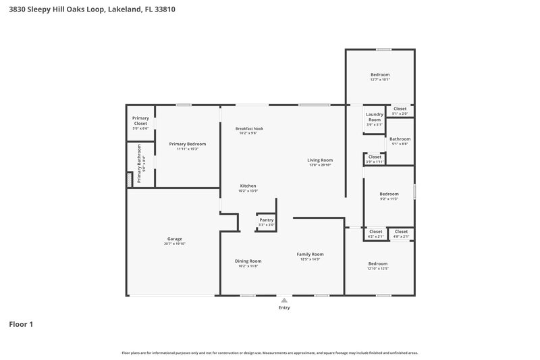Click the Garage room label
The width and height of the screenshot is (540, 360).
point(175,238)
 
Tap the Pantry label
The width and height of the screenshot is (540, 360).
point(266,220)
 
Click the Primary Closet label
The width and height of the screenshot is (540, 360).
point(140,121)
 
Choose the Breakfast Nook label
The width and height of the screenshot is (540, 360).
point(249,128)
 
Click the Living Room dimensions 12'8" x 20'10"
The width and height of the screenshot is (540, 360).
point(321,165)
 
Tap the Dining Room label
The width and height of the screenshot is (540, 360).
point(248,261)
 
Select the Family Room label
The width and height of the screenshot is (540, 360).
point(310,254)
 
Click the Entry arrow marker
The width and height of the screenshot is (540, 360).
point(284,299)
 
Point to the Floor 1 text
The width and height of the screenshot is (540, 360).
point(21,324)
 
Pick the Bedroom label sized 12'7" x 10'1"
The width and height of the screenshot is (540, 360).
point(380,74)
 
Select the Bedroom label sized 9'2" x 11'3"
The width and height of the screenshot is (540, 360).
point(389,193)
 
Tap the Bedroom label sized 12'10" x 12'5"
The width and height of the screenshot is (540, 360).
point(378,263)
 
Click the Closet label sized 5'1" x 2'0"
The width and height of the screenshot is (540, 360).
point(400,109)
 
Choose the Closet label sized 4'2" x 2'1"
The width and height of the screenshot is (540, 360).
point(375,232)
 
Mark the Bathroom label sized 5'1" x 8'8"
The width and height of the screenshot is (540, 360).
point(400,139)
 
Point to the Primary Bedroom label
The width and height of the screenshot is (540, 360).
point(187,144)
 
